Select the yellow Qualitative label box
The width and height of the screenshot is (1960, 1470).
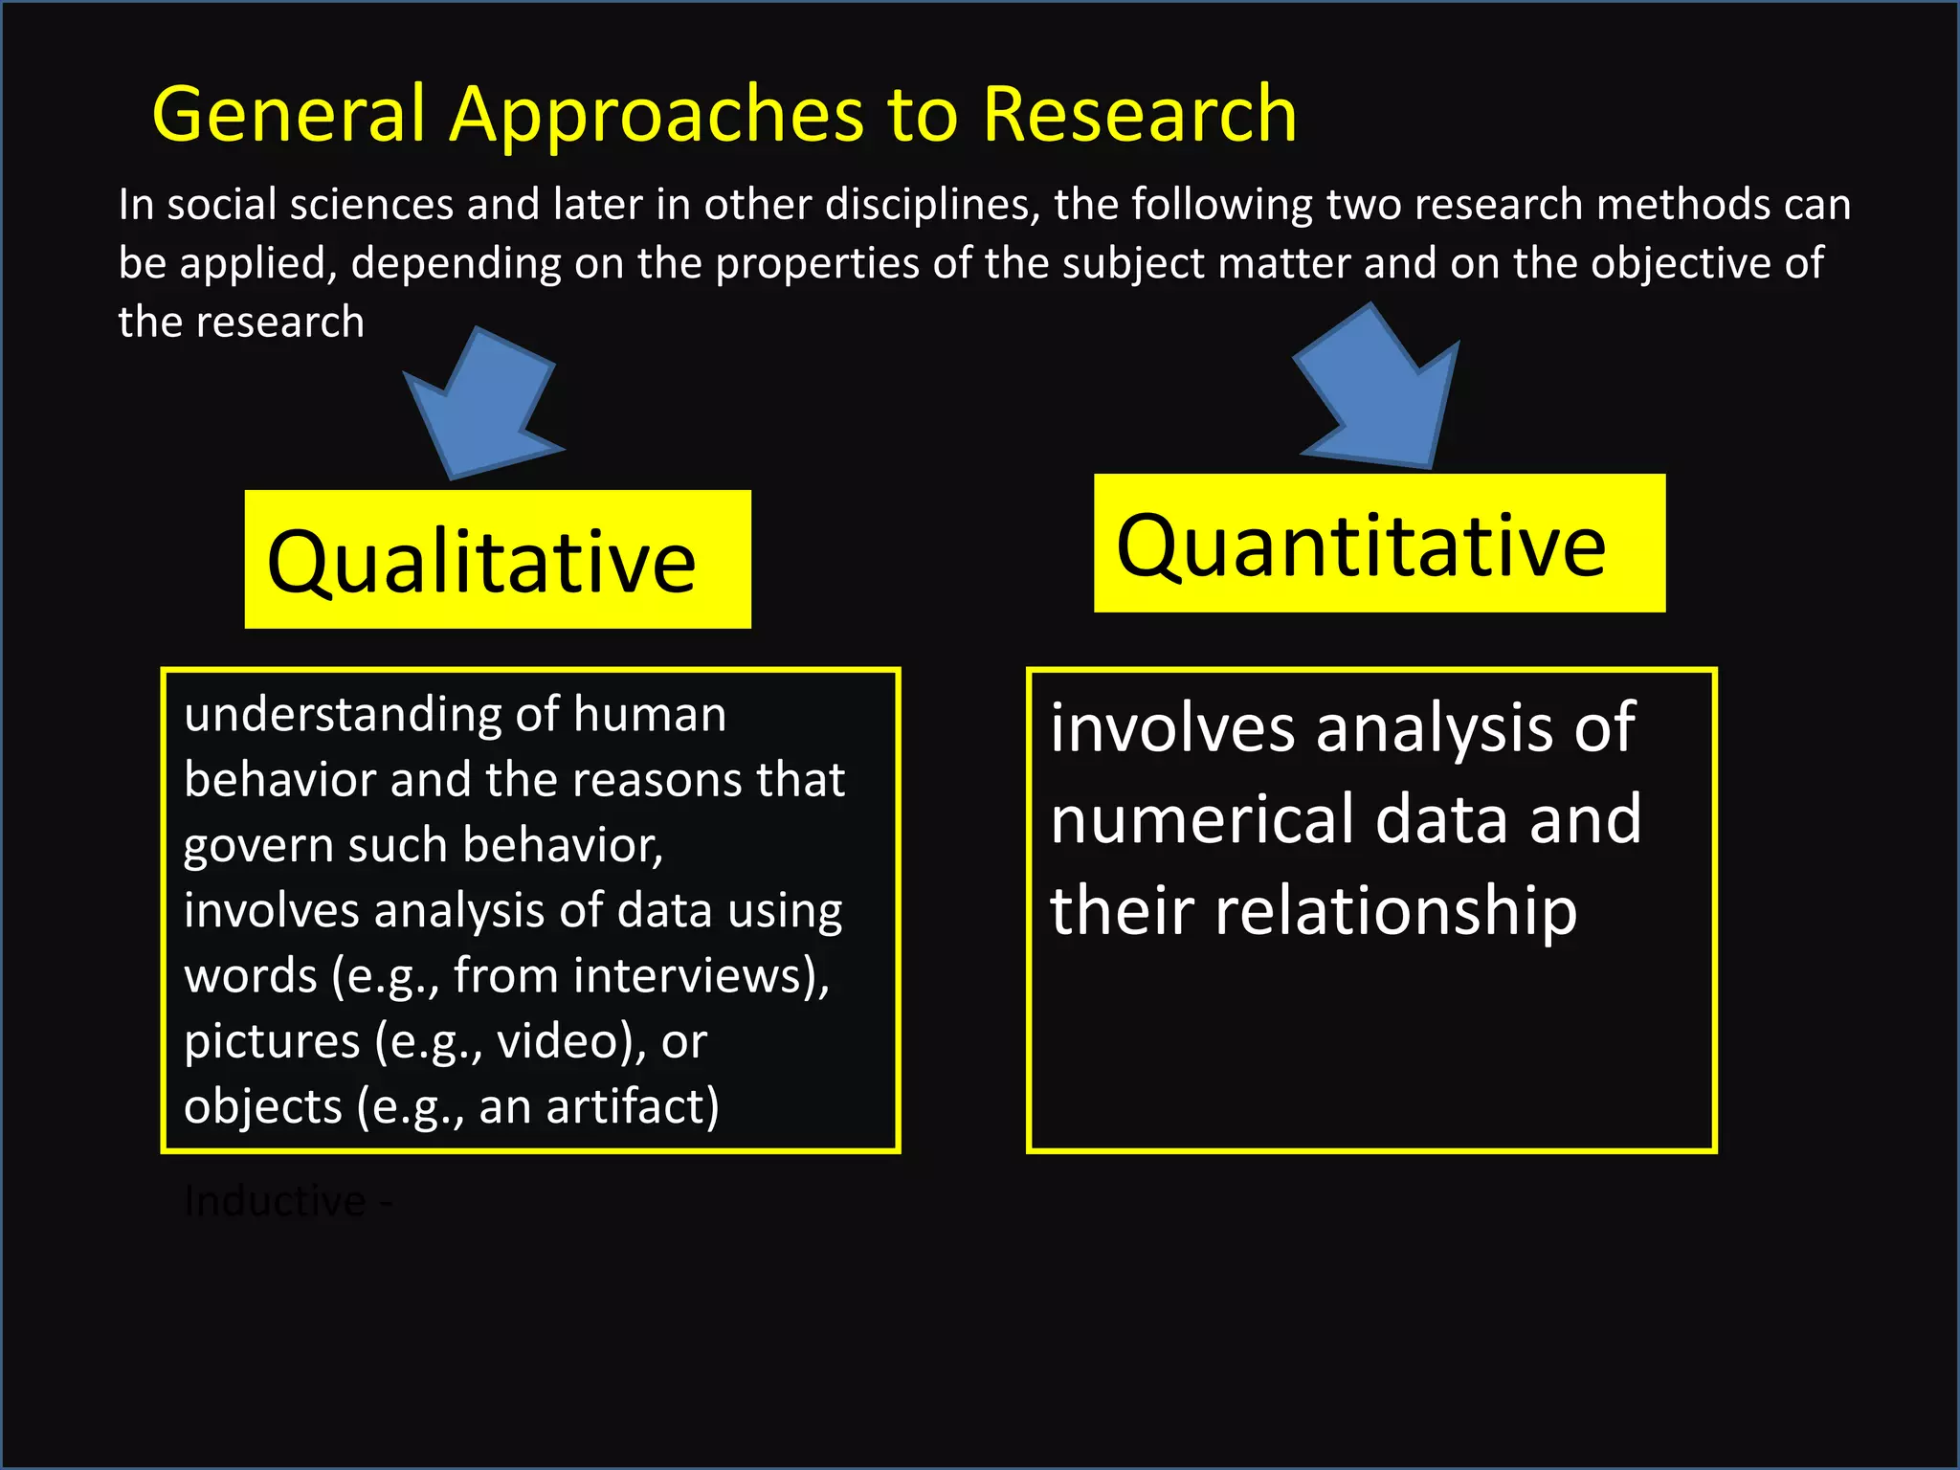(x=498, y=560)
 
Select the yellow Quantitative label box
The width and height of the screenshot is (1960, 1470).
(x=1378, y=544)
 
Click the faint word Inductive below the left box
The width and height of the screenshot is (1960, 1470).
(x=275, y=1201)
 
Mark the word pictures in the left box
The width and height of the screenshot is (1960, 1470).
(x=272, y=1041)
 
